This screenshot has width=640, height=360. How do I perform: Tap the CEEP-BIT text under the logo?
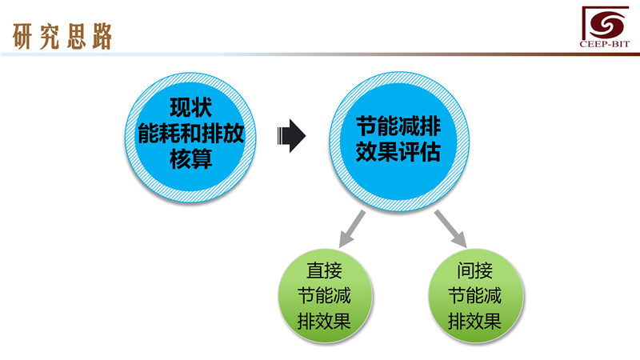click(x=601, y=45)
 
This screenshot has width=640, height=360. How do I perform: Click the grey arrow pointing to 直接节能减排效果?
click(x=351, y=229)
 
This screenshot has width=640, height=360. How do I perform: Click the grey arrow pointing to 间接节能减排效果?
click(x=450, y=229)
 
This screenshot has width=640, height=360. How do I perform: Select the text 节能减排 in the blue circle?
click(x=398, y=125)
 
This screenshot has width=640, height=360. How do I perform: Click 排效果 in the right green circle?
click(x=475, y=322)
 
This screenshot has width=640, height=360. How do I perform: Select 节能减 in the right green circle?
click(x=475, y=295)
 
